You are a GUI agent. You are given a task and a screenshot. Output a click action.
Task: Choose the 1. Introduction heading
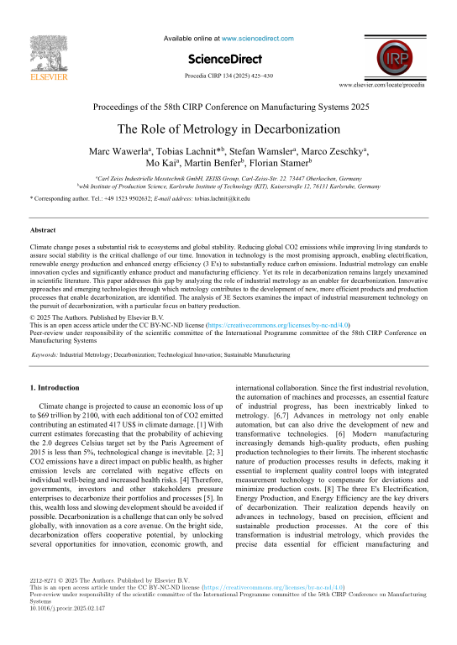(55, 387)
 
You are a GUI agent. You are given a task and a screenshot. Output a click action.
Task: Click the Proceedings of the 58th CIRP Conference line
(228, 107)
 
